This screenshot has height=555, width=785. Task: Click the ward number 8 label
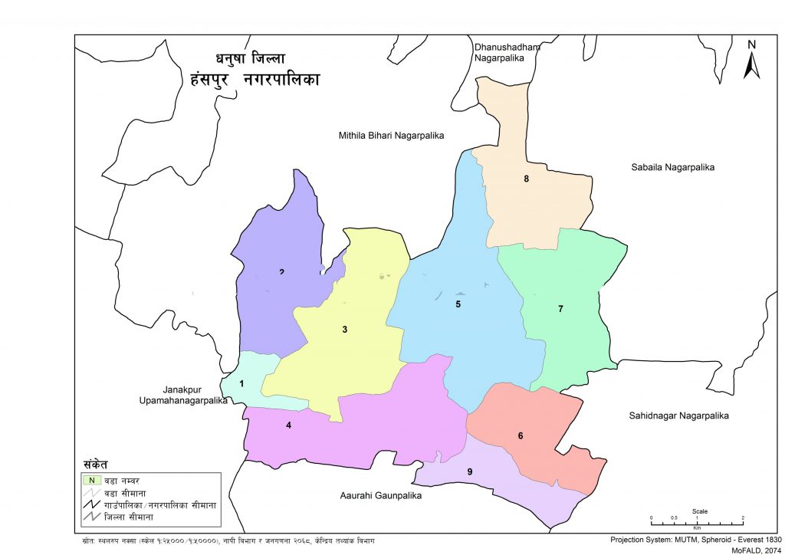[x=527, y=179]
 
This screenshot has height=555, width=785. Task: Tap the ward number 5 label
[x=458, y=304]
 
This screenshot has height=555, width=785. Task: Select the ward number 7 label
[x=560, y=309]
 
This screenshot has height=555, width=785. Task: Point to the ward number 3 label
[x=345, y=330]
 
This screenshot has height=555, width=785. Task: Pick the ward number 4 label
[x=288, y=425]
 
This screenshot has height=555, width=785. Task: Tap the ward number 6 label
[x=521, y=436]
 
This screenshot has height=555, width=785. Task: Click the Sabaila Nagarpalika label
[x=672, y=166]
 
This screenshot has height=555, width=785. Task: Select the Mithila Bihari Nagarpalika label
[x=392, y=136]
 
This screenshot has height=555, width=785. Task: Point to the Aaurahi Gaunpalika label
[x=380, y=496]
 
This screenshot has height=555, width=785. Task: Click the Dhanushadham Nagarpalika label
[x=507, y=52]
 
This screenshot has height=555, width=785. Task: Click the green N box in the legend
[x=91, y=481]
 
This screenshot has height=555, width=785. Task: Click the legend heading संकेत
[x=96, y=465]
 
